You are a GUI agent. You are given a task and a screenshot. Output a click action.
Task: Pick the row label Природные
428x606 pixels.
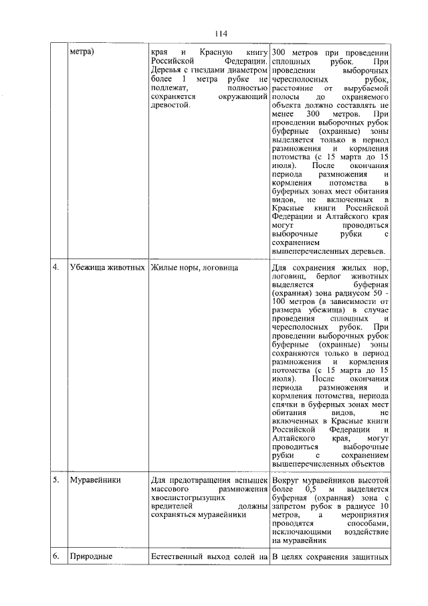coord(92,556)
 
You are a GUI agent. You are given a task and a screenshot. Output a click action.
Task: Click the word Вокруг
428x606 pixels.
coord(288,480)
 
